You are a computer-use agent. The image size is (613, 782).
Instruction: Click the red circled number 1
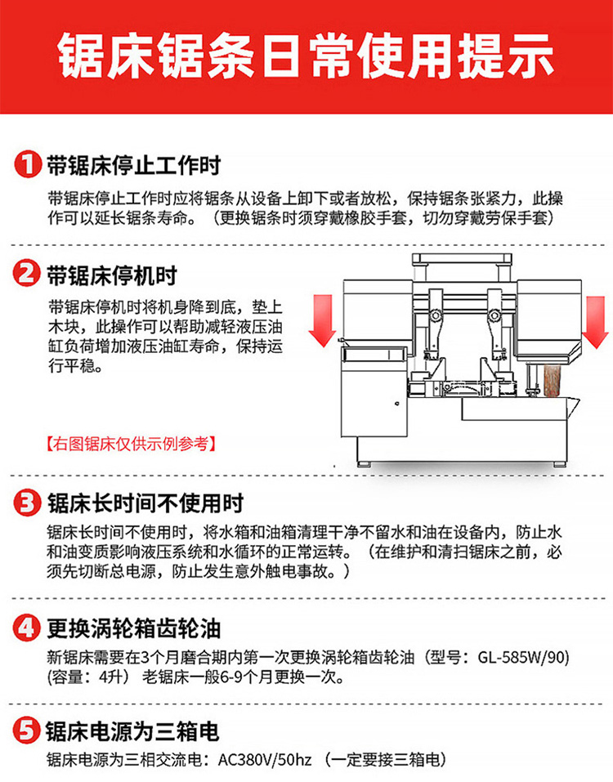tap(28, 164)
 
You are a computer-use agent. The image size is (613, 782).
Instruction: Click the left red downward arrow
tap(322, 320)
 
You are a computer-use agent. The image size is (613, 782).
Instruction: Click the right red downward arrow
tap(595, 322)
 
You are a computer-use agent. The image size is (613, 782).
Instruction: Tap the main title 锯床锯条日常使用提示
tap(306, 56)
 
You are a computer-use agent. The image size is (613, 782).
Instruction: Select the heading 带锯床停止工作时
tap(134, 165)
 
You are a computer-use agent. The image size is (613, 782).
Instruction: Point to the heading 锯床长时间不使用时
tap(145, 503)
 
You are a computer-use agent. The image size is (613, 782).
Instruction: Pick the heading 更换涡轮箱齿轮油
tap(134, 628)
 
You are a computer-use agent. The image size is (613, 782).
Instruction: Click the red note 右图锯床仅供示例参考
tap(131, 444)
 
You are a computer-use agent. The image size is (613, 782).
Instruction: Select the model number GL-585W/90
tap(523, 657)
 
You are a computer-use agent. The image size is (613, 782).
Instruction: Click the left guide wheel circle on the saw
tap(436, 315)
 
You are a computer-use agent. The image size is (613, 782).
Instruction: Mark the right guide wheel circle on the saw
tap(494, 315)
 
